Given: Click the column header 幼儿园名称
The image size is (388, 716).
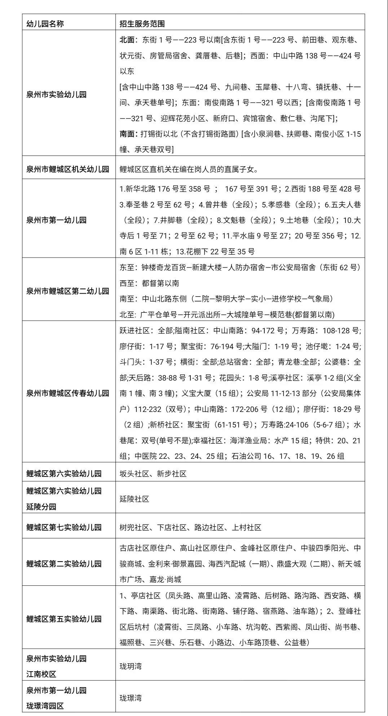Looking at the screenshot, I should [x=45, y=24].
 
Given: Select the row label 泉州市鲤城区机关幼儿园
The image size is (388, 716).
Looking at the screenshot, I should [x=67, y=169].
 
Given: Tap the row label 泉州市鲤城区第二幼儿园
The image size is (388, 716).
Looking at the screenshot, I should [x=67, y=291].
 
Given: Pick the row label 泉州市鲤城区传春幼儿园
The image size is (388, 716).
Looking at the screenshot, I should [x=67, y=393].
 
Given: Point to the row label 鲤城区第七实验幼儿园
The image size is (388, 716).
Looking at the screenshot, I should [x=64, y=527].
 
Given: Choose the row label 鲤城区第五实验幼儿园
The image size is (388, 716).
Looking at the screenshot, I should [x=64, y=619].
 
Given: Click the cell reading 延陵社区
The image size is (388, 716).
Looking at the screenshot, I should [x=135, y=499].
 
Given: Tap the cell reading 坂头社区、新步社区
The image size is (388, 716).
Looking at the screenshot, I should [x=153, y=474].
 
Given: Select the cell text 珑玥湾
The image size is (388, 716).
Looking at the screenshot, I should [x=131, y=666].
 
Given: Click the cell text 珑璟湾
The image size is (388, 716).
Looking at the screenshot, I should [x=131, y=698].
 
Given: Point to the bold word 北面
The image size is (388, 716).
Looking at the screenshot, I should [x=127, y=40].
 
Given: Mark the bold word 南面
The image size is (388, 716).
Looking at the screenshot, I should [x=127, y=134].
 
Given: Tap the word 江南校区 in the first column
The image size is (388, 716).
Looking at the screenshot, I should [x=41, y=674].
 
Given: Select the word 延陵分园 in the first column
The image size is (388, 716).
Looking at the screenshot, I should [x=41, y=507].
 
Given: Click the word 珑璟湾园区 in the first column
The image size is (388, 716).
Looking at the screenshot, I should [x=45, y=706].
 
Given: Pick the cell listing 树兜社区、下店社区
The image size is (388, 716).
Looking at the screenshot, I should [x=190, y=527].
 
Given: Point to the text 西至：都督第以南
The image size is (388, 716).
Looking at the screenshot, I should [x=149, y=283].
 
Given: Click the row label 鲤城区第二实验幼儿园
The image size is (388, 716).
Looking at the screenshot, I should [x=64, y=564].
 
